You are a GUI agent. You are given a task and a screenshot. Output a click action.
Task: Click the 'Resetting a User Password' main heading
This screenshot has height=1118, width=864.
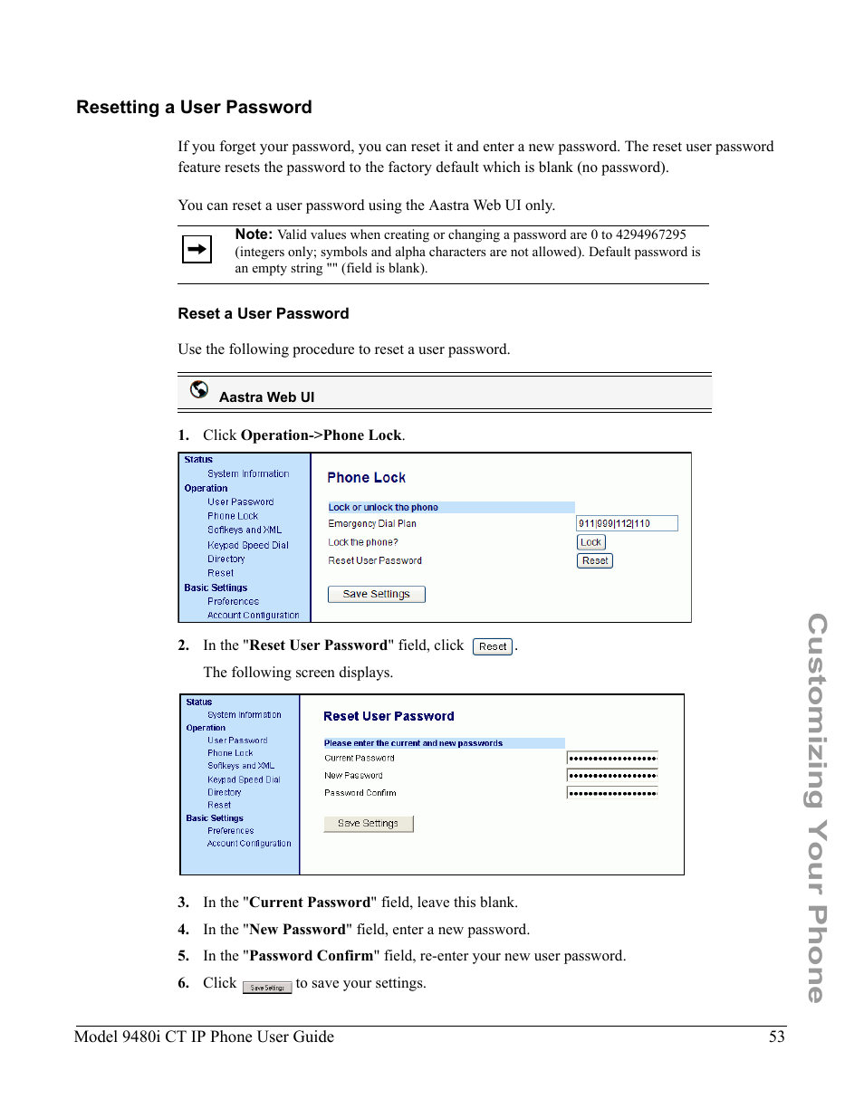[x=194, y=108]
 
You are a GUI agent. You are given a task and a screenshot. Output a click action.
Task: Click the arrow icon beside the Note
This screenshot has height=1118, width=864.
[x=197, y=249]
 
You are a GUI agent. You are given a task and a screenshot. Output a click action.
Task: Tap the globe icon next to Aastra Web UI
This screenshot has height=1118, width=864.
[x=199, y=390]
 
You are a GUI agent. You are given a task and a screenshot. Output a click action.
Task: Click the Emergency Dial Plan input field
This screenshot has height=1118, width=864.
[x=627, y=523]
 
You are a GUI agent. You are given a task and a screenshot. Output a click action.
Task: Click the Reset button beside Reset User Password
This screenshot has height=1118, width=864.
[x=595, y=561]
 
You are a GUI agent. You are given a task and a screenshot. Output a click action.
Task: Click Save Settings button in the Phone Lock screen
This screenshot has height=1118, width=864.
[x=376, y=595]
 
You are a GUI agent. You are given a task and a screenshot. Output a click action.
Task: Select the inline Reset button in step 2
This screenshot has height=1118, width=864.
[x=493, y=646]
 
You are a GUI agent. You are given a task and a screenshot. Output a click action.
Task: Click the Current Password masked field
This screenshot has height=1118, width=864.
[x=612, y=759]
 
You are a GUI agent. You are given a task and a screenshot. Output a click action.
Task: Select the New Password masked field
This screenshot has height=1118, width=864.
[x=612, y=776]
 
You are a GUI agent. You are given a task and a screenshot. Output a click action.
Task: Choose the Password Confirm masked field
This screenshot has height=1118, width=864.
[x=612, y=793]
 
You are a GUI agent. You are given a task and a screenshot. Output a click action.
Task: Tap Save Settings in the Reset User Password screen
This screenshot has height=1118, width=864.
[x=369, y=824]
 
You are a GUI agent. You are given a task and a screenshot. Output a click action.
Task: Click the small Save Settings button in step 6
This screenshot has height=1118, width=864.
[x=267, y=988]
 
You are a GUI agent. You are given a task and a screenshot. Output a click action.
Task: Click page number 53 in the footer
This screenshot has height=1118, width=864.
[x=776, y=1037]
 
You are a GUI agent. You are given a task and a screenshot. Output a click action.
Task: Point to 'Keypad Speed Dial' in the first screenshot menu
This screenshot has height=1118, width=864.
[x=247, y=546]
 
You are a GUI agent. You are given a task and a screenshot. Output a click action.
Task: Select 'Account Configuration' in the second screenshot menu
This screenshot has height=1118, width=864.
[x=249, y=844]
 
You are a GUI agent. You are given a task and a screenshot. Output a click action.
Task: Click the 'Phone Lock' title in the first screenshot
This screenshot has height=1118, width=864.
[x=366, y=478]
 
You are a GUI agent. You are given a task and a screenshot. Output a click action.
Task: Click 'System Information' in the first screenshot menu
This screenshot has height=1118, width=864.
[x=248, y=474]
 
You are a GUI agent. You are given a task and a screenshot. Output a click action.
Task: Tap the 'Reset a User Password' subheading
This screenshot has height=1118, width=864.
[x=263, y=314]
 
